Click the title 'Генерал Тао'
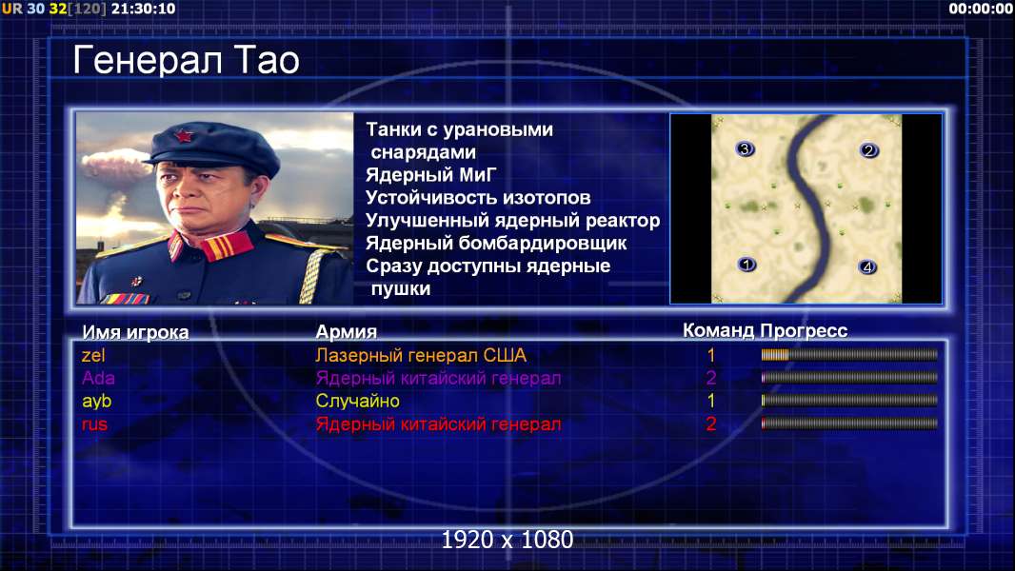coord(186,61)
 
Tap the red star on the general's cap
coord(183,135)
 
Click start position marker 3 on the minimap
coord(746,149)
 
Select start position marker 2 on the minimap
coord(868,150)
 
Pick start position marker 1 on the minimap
coord(746,265)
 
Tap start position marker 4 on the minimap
coord(867,266)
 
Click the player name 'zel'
coord(93,355)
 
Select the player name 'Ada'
coord(98,378)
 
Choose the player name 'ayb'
coord(96,402)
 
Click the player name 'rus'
coord(94,424)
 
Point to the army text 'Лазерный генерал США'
coord(421,355)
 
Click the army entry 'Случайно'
coord(357,401)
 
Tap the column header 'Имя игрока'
coord(135,332)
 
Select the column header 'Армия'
coord(347,332)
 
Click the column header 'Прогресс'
coord(804,331)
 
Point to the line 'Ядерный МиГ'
coord(431,174)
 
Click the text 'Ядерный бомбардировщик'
coord(496,243)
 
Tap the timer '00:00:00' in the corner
coord(981,9)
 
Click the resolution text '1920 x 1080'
coord(507,540)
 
